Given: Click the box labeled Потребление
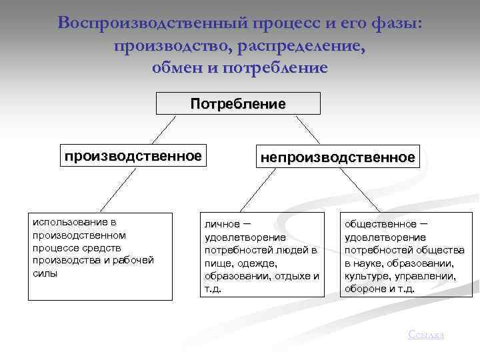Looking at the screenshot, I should tap(238, 104).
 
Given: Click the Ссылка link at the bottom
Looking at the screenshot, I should tap(425, 334).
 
